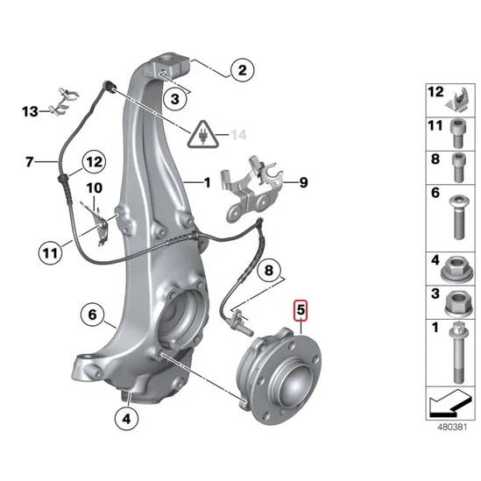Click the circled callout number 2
[242, 69]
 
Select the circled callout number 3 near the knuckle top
[175, 101]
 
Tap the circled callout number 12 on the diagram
[94, 162]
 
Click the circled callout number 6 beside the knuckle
[90, 313]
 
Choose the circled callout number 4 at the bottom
[127, 419]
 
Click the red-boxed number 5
[301, 310]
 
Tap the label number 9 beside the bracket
[303, 183]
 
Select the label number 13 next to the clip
[31, 111]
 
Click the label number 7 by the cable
[29, 162]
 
